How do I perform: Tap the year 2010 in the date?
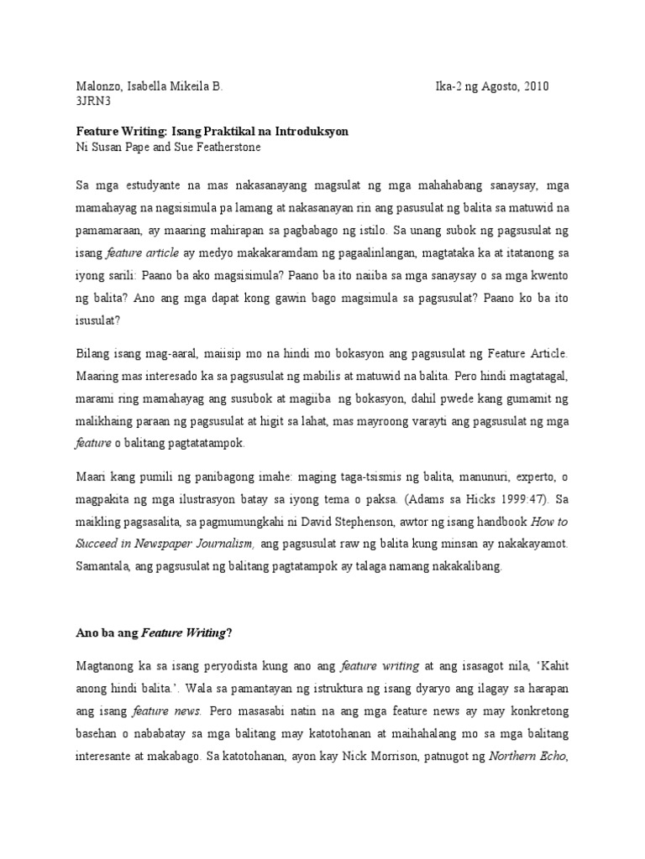point(536,87)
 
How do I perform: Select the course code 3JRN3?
point(94,102)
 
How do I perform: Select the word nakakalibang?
point(461,565)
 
